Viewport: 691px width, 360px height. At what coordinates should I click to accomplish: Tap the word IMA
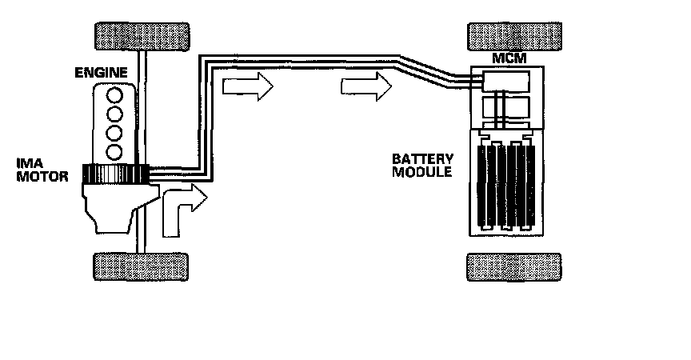pos(30,162)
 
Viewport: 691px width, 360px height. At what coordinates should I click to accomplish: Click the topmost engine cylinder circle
pos(115,95)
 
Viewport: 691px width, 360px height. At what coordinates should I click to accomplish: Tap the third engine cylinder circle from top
pos(115,132)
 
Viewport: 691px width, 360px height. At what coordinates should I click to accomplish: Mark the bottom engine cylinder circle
pos(115,150)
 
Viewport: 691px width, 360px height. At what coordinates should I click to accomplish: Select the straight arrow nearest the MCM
pos(367,86)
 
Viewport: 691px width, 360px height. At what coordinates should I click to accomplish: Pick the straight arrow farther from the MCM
pos(249,86)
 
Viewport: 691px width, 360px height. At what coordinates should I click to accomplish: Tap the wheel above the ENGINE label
pos(142,34)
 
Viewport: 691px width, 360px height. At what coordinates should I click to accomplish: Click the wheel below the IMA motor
pos(142,266)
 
